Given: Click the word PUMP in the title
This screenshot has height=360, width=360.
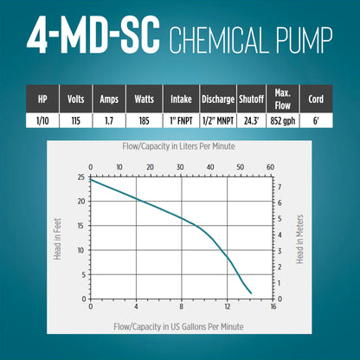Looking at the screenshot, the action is point(305,40).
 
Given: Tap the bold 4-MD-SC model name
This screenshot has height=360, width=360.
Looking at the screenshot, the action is point(93,35).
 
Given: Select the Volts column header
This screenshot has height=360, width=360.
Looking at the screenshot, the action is point(76,99).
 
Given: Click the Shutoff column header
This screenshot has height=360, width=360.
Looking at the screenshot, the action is point(251,99).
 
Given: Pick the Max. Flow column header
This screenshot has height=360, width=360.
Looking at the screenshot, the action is point(283,99).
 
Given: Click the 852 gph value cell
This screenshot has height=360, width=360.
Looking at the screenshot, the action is point(283,120).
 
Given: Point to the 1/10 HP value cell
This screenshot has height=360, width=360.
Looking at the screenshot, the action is point(42,120).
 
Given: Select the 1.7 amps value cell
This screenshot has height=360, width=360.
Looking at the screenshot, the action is point(109,120).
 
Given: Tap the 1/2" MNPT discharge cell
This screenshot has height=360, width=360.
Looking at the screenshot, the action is point(218,120).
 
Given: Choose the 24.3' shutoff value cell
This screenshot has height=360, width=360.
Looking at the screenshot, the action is point(251,120).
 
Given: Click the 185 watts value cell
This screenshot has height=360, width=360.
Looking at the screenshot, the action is point(145,120).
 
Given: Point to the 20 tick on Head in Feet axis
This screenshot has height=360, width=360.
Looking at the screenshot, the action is point(81,202).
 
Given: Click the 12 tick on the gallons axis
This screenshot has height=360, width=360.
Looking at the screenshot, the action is point(228,306).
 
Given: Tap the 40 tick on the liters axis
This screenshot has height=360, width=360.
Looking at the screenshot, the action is point(210,167).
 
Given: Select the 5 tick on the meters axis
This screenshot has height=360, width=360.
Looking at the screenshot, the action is point(280,219).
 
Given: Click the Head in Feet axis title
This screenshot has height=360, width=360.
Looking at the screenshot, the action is point(58,239).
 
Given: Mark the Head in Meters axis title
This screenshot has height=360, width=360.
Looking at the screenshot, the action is point(300,239).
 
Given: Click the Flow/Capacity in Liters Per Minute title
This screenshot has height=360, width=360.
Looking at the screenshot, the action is point(178,146).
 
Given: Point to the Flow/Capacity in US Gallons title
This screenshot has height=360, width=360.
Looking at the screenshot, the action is point(178,327).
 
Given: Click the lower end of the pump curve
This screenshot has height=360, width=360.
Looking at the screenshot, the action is point(251,293).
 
